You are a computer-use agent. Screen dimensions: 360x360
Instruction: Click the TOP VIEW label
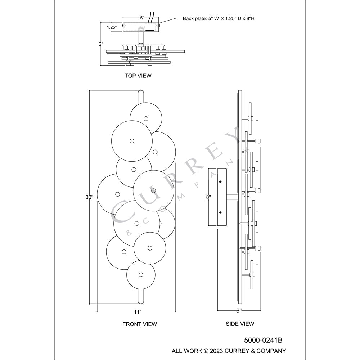point(138,76)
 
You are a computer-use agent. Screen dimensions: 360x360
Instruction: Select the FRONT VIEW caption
point(140,324)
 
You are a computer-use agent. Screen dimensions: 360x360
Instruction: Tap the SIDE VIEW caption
point(240,324)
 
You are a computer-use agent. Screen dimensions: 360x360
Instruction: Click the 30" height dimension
point(89,197)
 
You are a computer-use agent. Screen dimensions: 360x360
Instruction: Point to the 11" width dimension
point(138,312)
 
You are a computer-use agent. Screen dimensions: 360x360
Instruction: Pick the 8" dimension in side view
point(208,197)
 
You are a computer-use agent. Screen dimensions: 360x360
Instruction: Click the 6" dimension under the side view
point(239,311)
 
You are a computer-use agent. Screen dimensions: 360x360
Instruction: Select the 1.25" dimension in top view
point(112,27)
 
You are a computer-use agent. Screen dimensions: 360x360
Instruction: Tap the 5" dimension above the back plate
point(142,18)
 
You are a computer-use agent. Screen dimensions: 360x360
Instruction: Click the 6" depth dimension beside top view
point(101,44)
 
